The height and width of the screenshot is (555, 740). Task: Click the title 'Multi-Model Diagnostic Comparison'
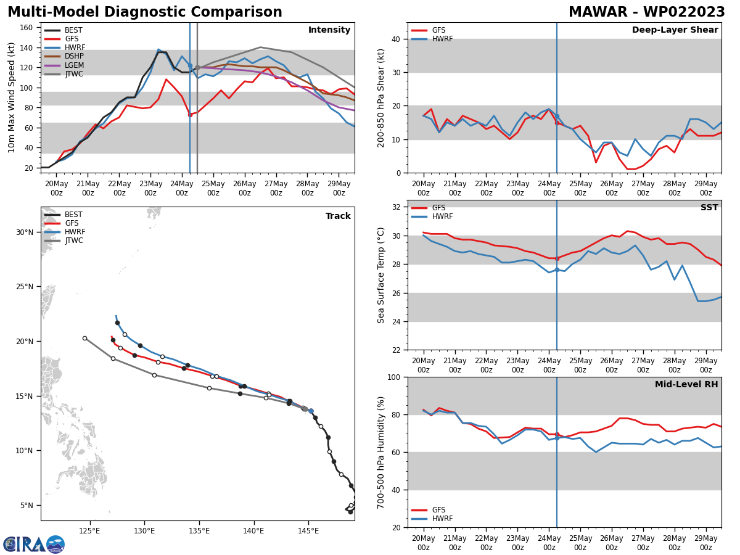coord(145,12)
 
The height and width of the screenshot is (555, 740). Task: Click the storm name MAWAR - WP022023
coord(646,12)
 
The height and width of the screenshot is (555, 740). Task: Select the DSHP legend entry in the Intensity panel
coord(74,57)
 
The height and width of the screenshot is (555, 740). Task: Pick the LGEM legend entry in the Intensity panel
coord(74,65)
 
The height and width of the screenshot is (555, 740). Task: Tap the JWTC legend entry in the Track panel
coord(74,241)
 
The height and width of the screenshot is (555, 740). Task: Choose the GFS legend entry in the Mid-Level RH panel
coord(438,510)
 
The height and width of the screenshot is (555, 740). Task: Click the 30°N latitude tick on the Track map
coord(25,232)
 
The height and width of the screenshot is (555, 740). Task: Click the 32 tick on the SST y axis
coord(397,207)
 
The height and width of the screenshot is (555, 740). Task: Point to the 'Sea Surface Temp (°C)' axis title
coord(382,275)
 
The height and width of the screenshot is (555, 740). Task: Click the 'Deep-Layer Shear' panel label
coord(675,30)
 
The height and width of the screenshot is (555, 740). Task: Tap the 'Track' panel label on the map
coord(338,216)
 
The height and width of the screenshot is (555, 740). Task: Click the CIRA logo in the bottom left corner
coord(34,544)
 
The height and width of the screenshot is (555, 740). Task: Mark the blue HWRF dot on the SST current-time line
coord(557,269)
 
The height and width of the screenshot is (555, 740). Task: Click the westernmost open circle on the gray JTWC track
coord(84,338)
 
